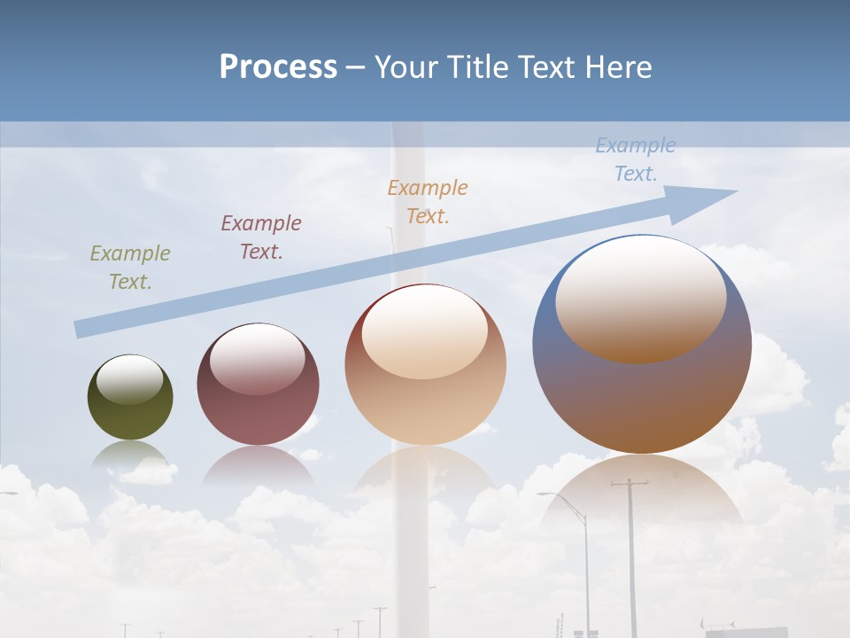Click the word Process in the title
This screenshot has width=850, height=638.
pos(278,66)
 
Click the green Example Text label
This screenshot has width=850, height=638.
pos(130,267)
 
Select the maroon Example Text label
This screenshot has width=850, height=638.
pos(261,237)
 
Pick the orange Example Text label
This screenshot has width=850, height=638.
pos(428,201)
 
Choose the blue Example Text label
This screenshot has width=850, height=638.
pos(635,159)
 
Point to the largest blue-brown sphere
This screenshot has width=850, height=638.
pos(642,399)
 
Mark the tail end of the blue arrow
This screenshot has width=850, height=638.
pos(81,329)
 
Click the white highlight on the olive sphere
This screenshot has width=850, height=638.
pos(130,379)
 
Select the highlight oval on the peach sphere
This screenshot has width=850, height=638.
pos(425,332)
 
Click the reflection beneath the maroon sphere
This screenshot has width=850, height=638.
pos(258,465)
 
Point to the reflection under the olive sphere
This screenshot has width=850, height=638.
pos(130,454)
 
